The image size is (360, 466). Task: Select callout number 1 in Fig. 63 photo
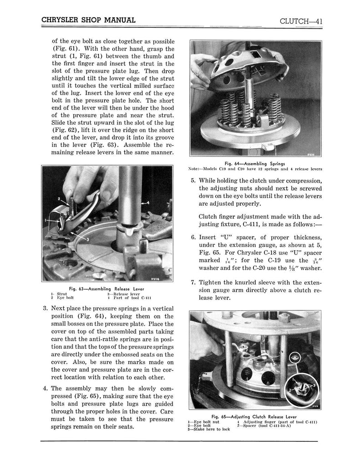tap(46, 221)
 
